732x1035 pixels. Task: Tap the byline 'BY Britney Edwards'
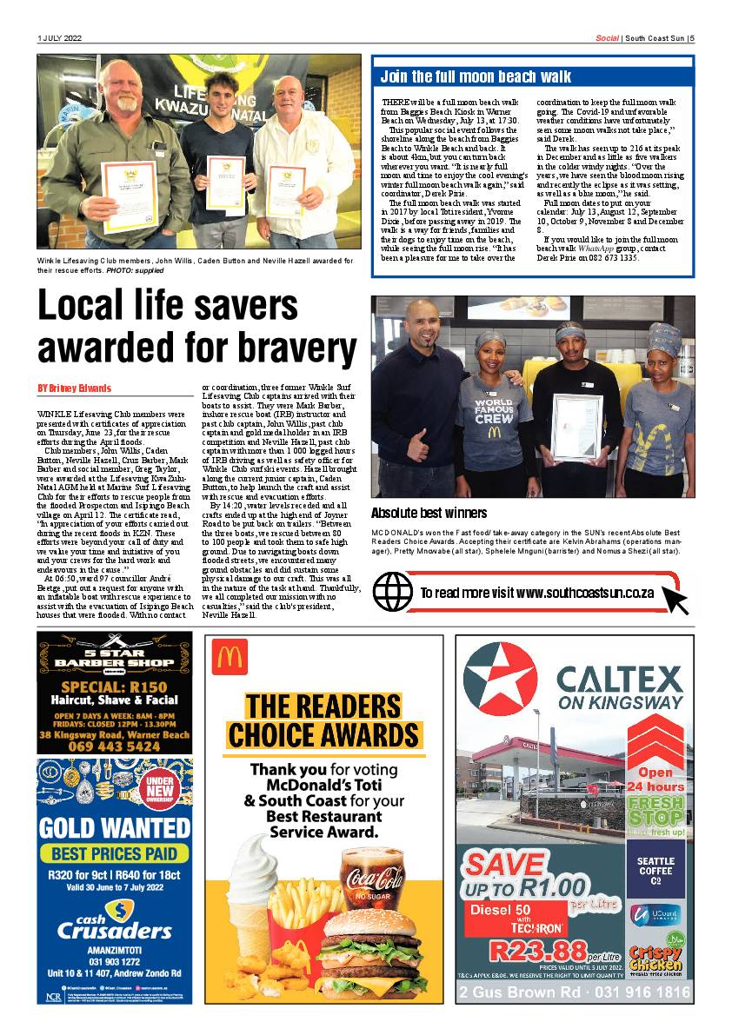[75, 388]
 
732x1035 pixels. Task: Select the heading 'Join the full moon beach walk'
[476, 76]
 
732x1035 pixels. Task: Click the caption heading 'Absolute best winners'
[429, 513]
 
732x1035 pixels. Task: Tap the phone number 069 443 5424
[113, 746]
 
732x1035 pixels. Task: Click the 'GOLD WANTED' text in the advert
[114, 827]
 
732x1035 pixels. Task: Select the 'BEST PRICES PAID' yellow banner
[114, 853]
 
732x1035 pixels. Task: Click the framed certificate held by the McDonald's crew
[576, 426]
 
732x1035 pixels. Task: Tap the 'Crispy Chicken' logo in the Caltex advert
[655, 959]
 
